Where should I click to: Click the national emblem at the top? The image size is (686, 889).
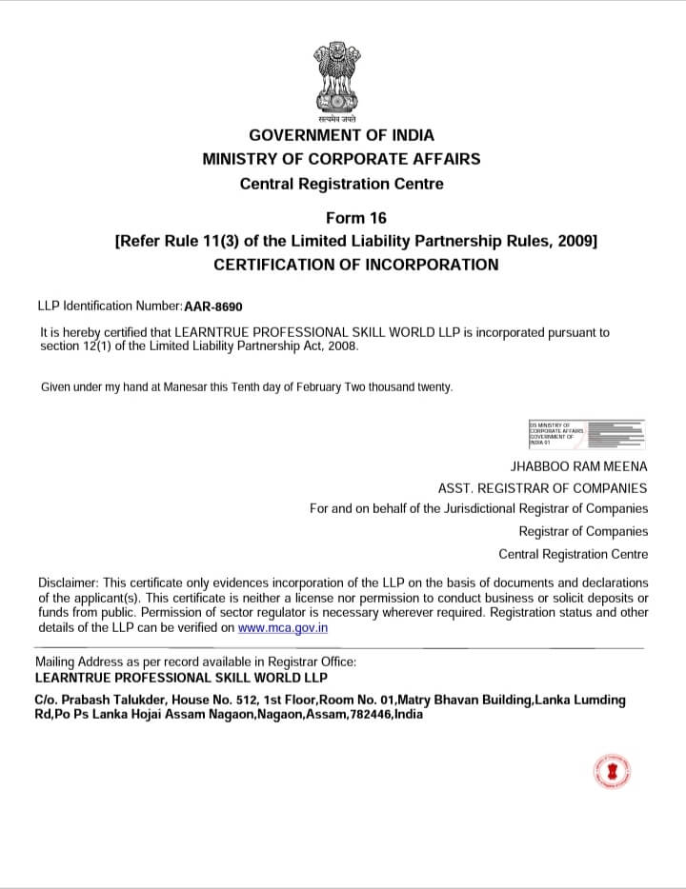pyautogui.click(x=341, y=79)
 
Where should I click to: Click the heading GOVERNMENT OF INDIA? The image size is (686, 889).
pyautogui.click(x=341, y=135)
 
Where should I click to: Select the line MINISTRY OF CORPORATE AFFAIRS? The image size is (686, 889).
pyautogui.click(x=341, y=159)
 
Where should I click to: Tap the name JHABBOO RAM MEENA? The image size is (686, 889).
pyautogui.click(x=579, y=466)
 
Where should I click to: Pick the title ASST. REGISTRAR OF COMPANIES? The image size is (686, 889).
pyautogui.click(x=542, y=487)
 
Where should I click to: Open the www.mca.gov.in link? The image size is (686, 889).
pyautogui.click(x=283, y=627)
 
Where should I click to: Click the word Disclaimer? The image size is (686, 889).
pyautogui.click(x=67, y=582)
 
